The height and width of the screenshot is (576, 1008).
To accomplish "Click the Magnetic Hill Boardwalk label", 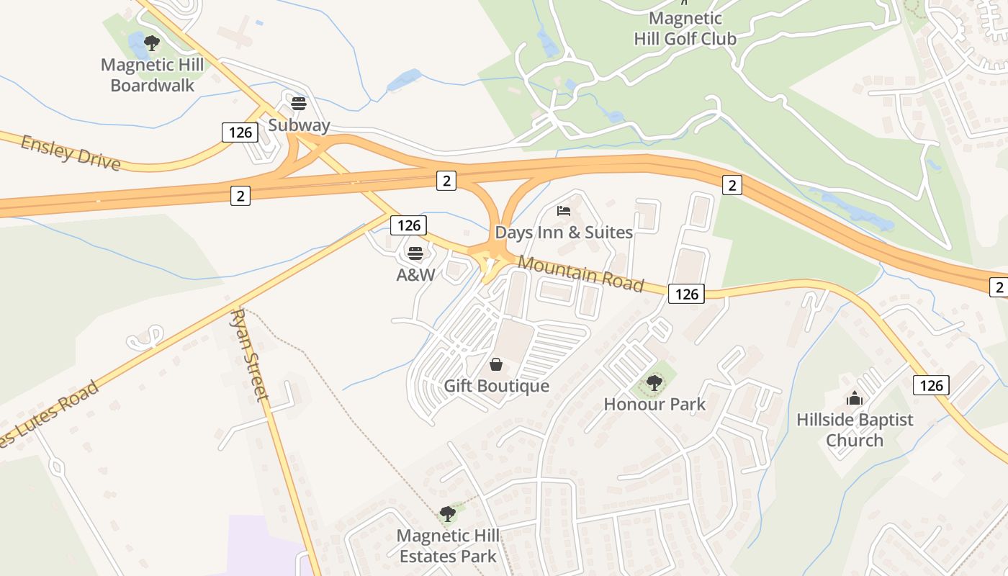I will [153, 75].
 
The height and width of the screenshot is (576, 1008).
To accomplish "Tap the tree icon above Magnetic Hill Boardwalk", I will [151, 43].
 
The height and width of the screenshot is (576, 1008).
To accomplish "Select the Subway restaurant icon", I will [299, 104].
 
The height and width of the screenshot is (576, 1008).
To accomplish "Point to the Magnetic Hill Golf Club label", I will [685, 28].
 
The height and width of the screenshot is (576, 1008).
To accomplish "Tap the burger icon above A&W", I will [415, 253].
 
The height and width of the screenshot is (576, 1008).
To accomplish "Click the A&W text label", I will [415, 274].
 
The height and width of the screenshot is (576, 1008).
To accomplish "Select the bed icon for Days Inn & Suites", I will [564, 211].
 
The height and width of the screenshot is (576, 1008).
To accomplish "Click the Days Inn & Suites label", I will [564, 232].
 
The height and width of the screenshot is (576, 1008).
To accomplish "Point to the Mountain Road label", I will [580, 273].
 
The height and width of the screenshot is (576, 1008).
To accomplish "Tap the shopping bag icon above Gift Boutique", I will [495, 364].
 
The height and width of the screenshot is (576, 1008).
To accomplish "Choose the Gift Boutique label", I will [496, 386].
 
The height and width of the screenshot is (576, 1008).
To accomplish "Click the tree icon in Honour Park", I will [654, 382].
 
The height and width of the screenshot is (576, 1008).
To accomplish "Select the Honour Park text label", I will [654, 404].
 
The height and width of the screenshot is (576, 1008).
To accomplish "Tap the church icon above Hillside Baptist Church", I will [855, 398].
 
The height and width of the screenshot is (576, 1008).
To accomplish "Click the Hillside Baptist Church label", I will [855, 430].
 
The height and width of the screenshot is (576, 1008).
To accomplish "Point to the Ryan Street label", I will [251, 355].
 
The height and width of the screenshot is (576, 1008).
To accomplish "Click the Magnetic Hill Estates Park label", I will [448, 546].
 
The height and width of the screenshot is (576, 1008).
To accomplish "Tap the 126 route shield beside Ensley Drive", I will [240, 132].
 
